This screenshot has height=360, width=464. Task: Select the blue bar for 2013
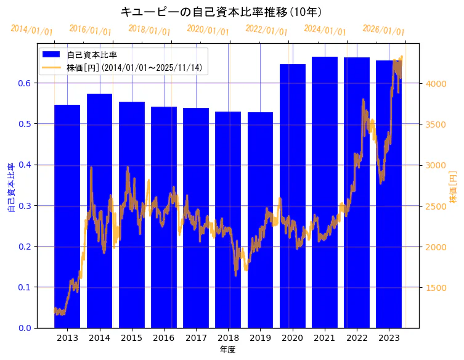pos(67,216)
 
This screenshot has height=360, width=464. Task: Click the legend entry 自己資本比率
pos(92,55)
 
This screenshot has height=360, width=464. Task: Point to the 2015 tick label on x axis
pos(132,338)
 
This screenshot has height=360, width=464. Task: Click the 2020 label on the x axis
pos(293,338)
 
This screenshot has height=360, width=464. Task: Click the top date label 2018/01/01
pos(149,30)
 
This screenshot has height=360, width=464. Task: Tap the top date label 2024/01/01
pos(325,30)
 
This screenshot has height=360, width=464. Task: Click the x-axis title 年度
pos(227,350)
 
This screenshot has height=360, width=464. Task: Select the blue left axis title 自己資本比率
pos(11,188)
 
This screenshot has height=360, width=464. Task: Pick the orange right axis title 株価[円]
pos(453,188)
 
